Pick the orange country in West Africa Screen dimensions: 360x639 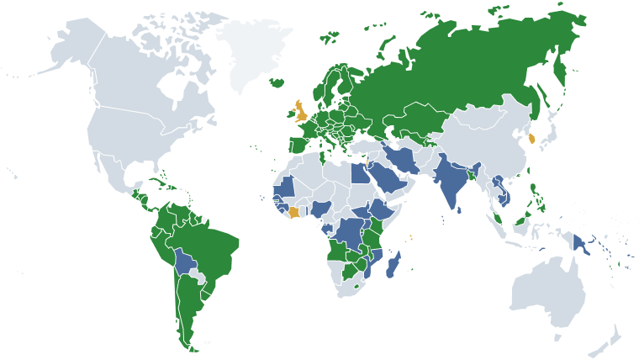tap(293, 211)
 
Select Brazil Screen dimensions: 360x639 tap(210, 244)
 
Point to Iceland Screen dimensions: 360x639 tap(277, 83)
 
